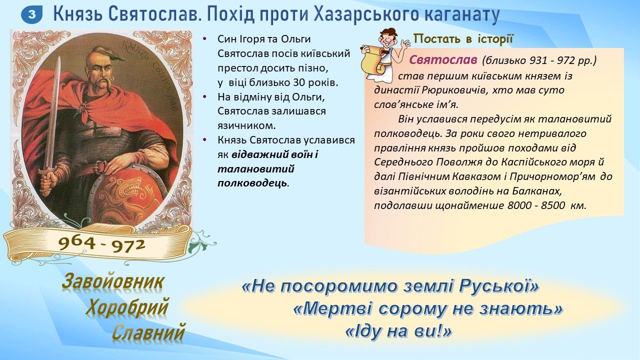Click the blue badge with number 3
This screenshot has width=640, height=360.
pyautogui.click(x=31, y=14)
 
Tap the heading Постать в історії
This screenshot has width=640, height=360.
pyautogui.click(x=463, y=39)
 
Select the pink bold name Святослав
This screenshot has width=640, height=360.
pyautogui.click(x=443, y=60)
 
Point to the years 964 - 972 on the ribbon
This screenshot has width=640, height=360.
pyautogui.click(x=101, y=244)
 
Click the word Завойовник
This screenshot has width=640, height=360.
pyautogui.click(x=113, y=282)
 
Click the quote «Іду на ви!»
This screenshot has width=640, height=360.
pyautogui.click(x=399, y=331)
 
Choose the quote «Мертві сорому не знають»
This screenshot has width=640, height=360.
pyautogui.click(x=427, y=309)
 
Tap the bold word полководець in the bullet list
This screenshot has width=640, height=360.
pyautogui.click(x=252, y=183)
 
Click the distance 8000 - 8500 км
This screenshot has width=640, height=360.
pyautogui.click(x=547, y=205)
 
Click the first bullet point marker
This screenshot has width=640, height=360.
pyautogui.click(x=204, y=38)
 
